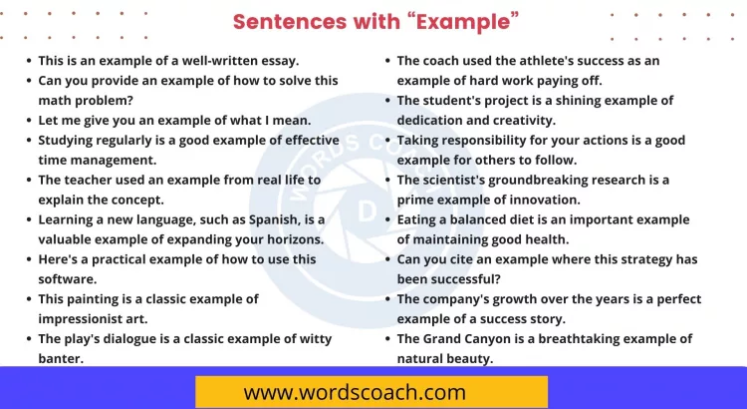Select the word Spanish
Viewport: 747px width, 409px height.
[x=253, y=219]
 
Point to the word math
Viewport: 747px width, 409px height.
[x=55, y=100]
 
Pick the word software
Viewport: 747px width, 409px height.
[x=68, y=279]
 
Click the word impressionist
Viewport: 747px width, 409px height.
[x=85, y=319]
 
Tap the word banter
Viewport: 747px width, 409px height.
[x=60, y=359]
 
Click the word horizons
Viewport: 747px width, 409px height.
[x=291, y=239]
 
